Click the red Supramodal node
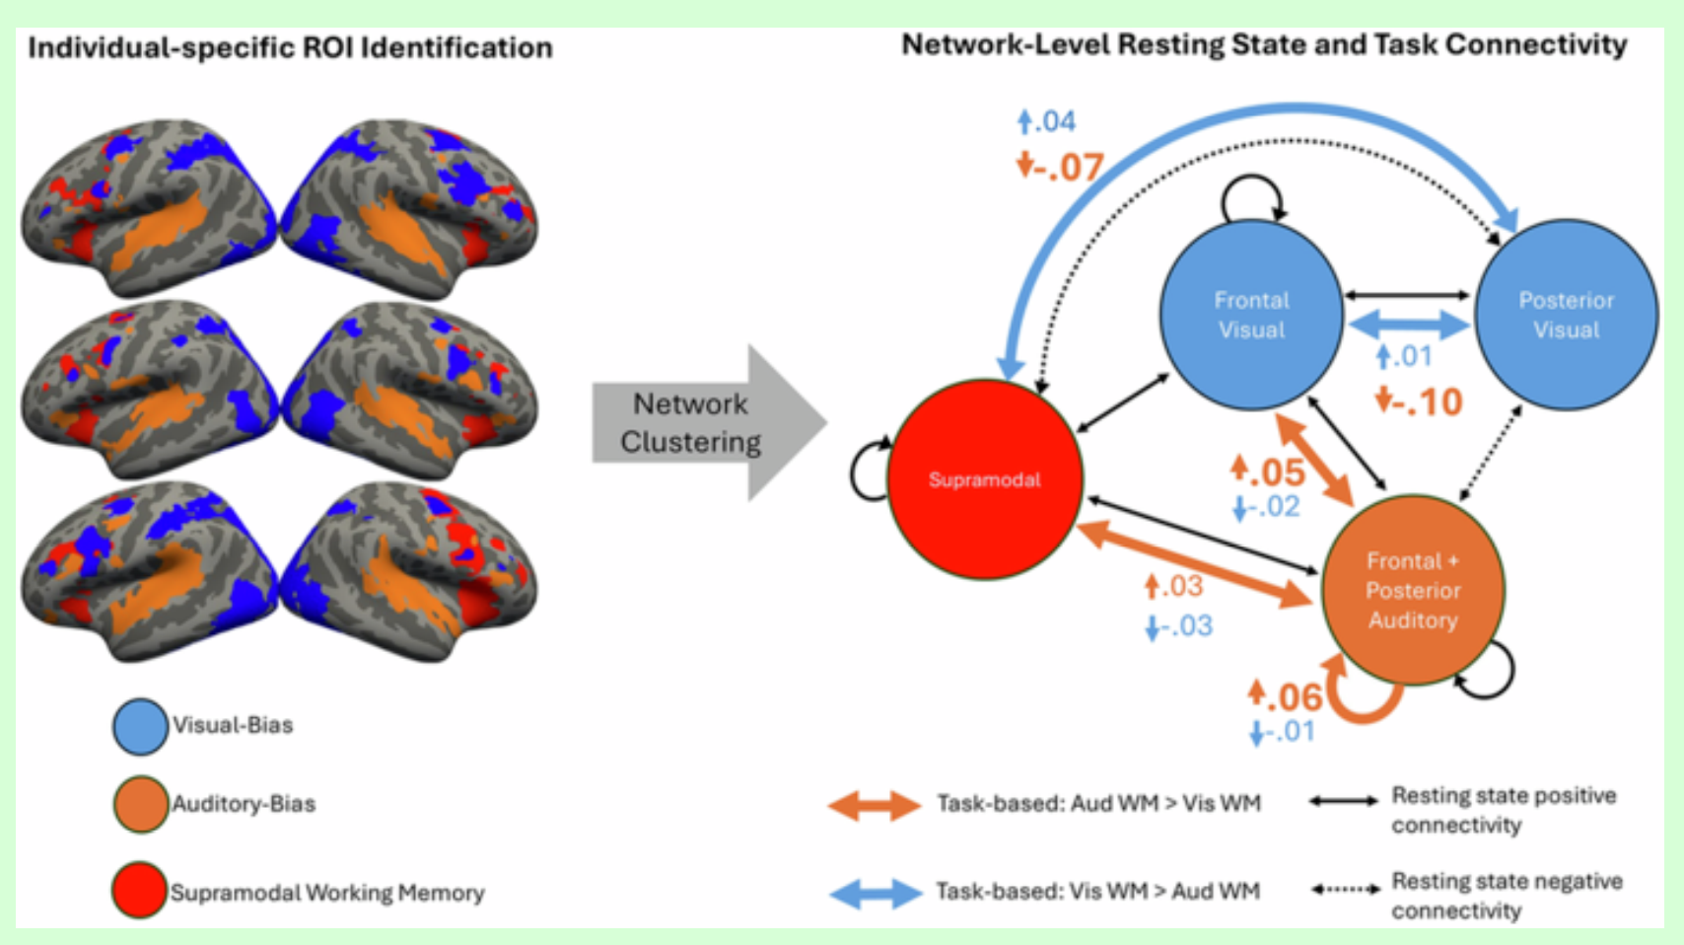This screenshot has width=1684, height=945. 984,479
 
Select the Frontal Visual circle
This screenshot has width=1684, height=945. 1251,315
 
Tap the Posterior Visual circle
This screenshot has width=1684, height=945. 1566,315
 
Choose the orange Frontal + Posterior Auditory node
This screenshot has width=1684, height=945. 1412,590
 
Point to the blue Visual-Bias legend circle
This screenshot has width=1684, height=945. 140,726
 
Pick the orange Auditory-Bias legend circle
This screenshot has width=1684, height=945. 140,805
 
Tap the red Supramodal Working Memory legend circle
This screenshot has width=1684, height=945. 139,891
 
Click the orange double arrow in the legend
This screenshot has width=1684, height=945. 875,806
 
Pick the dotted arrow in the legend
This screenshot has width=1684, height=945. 1345,890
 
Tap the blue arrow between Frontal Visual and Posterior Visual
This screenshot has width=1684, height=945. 1408,323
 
